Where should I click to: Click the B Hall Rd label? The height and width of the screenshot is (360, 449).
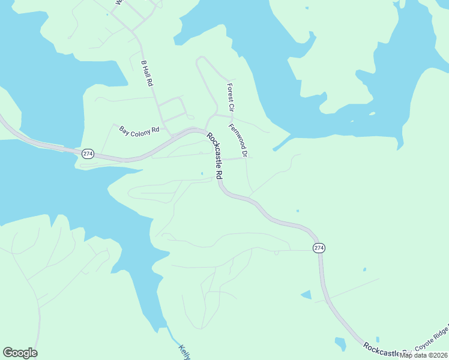click(x=147, y=74)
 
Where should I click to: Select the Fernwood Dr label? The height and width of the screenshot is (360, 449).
click(x=238, y=141)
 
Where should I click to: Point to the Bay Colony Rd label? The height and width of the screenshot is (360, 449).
click(x=139, y=130)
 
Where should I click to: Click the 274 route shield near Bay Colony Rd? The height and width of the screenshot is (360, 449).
click(x=88, y=154)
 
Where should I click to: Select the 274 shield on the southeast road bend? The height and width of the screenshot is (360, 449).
click(x=319, y=248)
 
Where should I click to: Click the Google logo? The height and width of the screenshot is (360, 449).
click(x=20, y=353)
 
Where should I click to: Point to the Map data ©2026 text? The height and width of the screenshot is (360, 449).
click(x=424, y=355)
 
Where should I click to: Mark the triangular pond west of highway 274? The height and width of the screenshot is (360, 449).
click(x=306, y=295)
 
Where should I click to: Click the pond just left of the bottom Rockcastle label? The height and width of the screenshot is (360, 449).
click(x=340, y=344)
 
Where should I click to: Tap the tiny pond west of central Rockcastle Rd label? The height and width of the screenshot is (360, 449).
click(x=202, y=174)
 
